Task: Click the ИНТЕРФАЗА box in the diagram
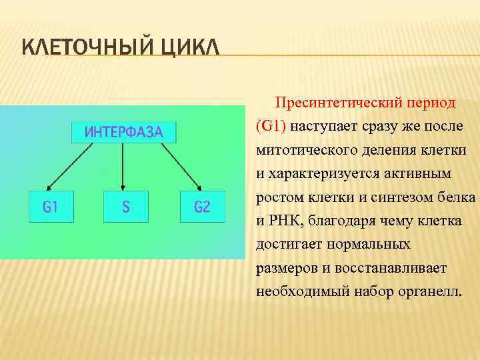tap(123, 131)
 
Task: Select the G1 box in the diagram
tap(51, 207)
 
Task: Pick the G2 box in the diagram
tap(202, 207)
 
